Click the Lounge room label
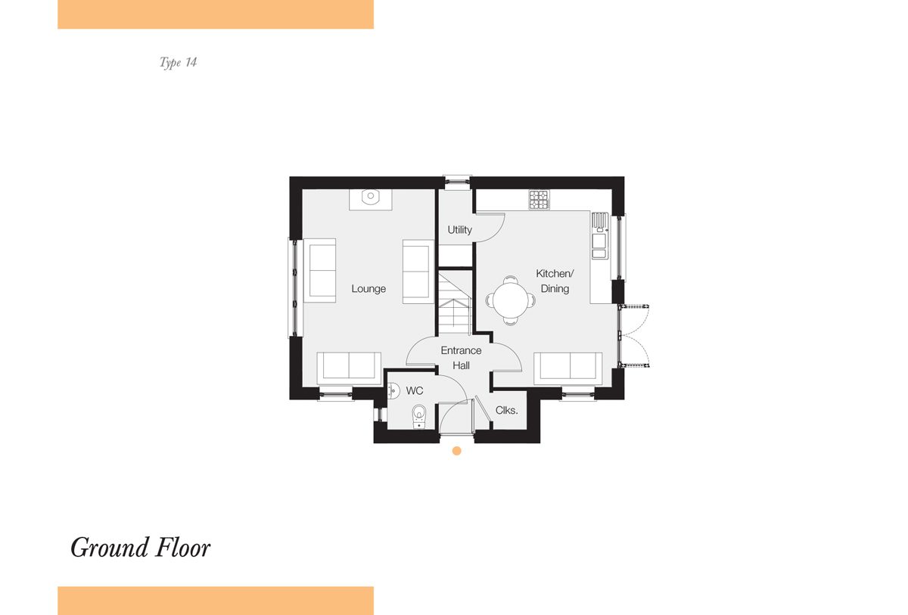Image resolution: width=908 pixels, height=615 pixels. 368,289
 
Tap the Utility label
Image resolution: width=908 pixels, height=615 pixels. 460,230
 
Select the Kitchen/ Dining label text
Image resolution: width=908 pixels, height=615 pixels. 555,281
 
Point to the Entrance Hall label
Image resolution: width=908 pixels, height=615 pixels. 461,358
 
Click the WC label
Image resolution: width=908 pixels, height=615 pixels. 415,390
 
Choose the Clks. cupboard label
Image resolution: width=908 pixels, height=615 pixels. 506,411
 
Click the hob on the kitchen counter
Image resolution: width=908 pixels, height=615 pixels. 539,200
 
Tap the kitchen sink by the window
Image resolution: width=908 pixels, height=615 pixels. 600,236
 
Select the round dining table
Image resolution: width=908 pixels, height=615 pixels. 510,300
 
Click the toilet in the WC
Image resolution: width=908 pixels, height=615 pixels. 419,416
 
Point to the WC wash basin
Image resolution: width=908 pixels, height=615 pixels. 393,390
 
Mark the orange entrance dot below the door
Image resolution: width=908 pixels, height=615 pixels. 456,451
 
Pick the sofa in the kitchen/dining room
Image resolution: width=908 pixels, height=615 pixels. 568,368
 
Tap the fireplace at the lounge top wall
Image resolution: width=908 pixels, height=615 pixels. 371,200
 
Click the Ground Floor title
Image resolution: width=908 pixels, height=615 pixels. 140,548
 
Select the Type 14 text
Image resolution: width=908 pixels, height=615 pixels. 178,62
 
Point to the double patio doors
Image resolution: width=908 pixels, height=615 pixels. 633,335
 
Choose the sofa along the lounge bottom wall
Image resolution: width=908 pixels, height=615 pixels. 349,368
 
